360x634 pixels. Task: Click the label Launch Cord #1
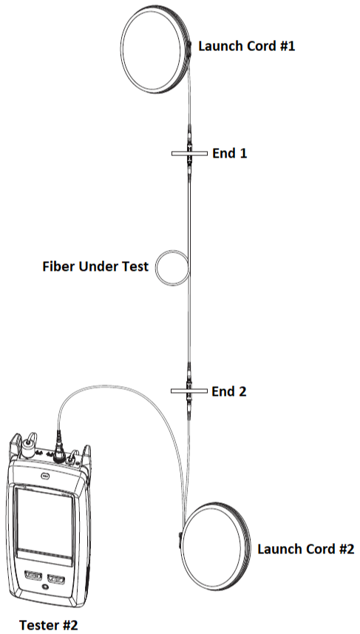pyautogui.click(x=246, y=46)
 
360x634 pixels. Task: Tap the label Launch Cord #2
pyautogui.click(x=306, y=549)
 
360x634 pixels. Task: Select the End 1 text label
pyautogui.click(x=229, y=153)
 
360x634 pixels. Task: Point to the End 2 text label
pyautogui.click(x=228, y=391)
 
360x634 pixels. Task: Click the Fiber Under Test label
pyautogui.click(x=95, y=266)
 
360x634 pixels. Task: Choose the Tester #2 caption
pyautogui.click(x=49, y=624)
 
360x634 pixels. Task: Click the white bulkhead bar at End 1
pyautogui.click(x=189, y=153)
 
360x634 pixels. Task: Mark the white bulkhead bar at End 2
pyautogui.click(x=189, y=391)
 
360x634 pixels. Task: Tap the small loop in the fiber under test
pyautogui.click(x=157, y=268)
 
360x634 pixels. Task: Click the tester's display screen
pyautogui.click(x=44, y=526)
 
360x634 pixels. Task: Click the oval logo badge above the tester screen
pyautogui.click(x=45, y=476)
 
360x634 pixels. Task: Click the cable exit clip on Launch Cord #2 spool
pyautogui.click(x=180, y=540)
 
